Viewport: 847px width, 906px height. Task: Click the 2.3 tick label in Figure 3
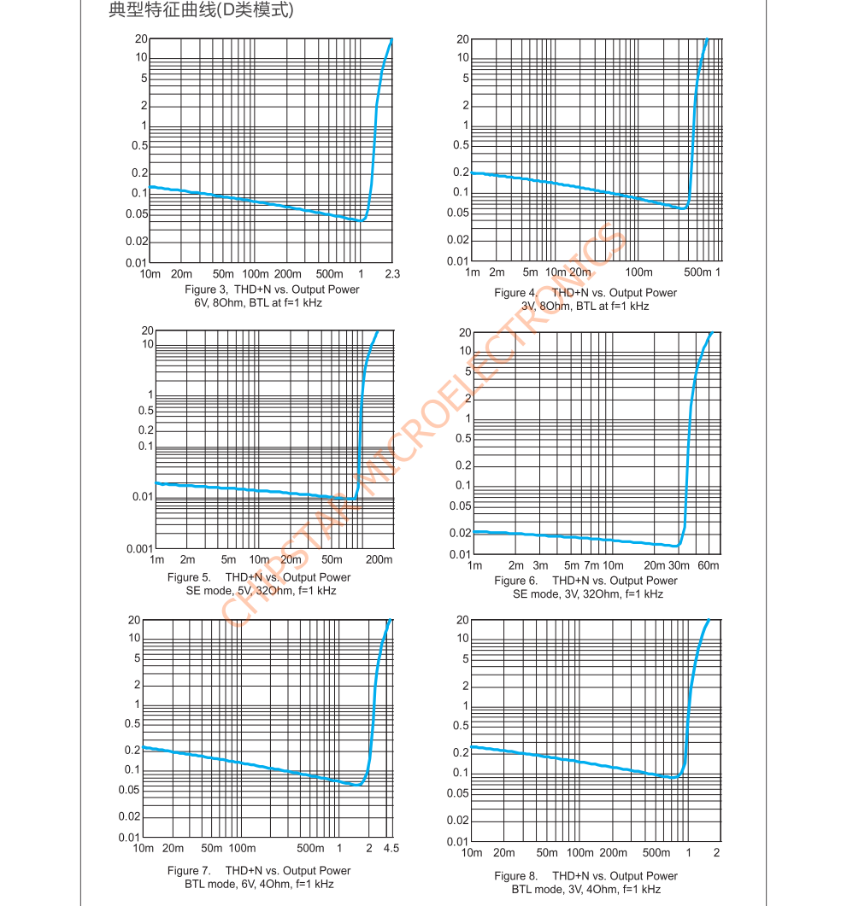tap(392, 274)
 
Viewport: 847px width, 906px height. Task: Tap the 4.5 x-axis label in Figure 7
tap(391, 849)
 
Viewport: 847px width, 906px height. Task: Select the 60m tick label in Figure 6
tap(709, 566)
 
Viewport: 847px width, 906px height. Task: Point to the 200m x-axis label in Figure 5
tap(379, 560)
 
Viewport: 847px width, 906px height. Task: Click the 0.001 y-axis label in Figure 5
tap(139, 549)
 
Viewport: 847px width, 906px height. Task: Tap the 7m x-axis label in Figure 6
tap(593, 566)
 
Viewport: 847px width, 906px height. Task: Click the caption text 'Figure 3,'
tap(205, 289)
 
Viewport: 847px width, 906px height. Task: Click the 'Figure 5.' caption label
tap(189, 577)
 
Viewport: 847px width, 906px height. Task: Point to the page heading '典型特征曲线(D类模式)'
tap(202, 11)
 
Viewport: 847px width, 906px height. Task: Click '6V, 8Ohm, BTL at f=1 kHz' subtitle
tap(258, 303)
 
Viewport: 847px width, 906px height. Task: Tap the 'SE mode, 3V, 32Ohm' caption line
tap(588, 594)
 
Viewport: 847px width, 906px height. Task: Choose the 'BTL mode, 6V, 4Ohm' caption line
tap(259, 885)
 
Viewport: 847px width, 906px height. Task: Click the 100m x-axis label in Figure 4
tap(638, 272)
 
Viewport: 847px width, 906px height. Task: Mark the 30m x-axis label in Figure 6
tap(679, 566)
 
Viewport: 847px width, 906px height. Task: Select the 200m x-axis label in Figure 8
tap(613, 853)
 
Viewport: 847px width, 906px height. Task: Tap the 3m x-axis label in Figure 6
tap(540, 566)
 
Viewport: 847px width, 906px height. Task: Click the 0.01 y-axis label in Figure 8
tap(459, 842)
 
